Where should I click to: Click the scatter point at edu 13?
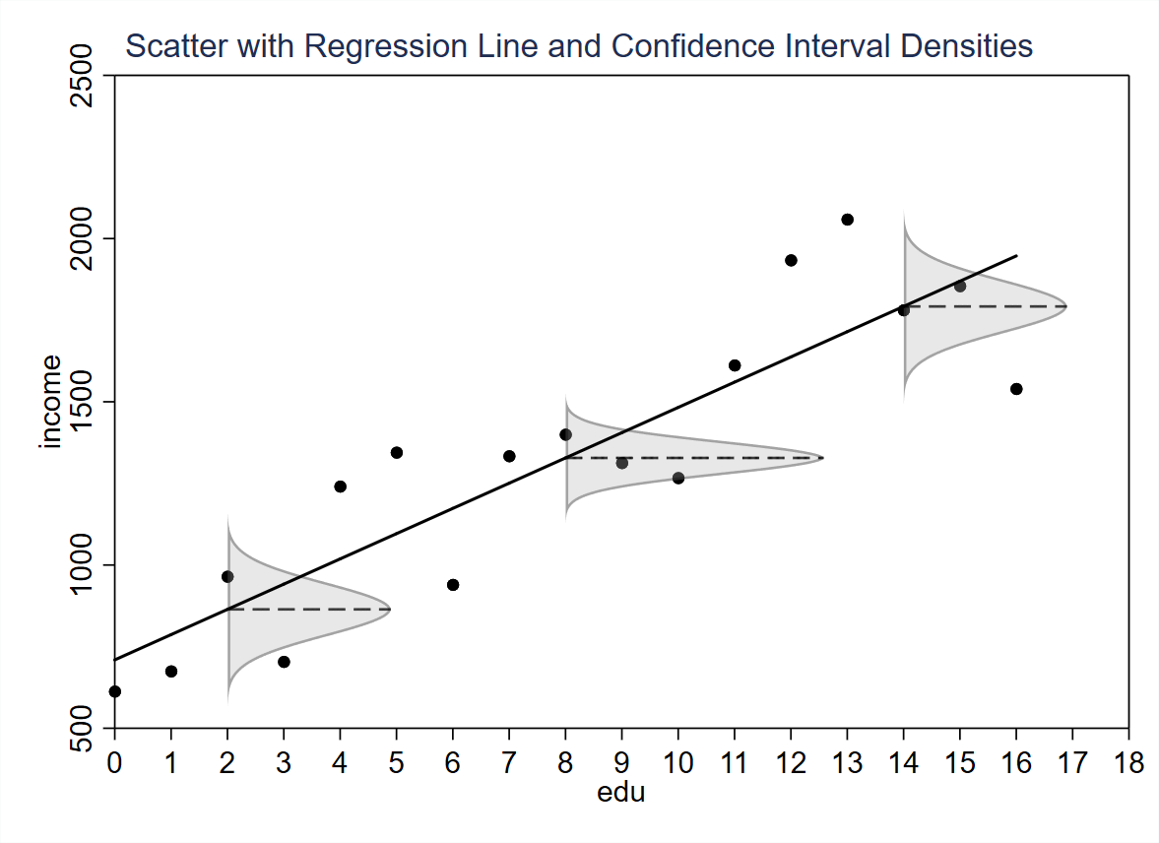click(847, 220)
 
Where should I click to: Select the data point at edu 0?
click(115, 691)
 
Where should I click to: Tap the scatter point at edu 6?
click(453, 585)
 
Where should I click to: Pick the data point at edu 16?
click(1016, 389)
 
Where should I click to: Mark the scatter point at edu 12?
click(791, 260)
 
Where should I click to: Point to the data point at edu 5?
click(397, 453)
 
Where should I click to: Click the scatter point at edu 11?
click(735, 365)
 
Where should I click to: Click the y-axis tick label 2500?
click(82, 76)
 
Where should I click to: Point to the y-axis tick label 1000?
click(82, 565)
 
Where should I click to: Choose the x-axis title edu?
click(621, 792)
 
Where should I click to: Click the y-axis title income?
click(51, 402)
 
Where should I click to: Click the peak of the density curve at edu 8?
click(822, 458)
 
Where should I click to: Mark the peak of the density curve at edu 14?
click(1066, 306)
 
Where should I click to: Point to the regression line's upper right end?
click(1016, 256)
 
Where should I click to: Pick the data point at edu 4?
click(341, 486)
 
